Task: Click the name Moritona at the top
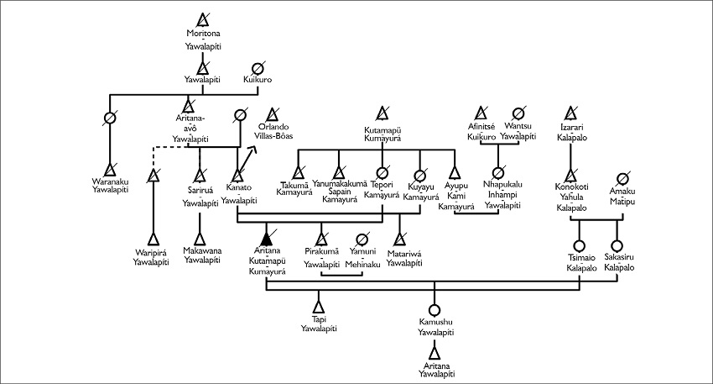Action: tap(202, 34)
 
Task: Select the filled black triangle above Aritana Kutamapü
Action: tap(267, 237)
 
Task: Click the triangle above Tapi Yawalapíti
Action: tap(318, 308)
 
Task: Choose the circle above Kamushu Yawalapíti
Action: tap(434, 309)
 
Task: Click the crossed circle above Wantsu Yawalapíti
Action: tap(518, 113)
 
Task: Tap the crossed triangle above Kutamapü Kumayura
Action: tap(383, 113)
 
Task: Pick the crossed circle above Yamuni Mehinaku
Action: tap(363, 238)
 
